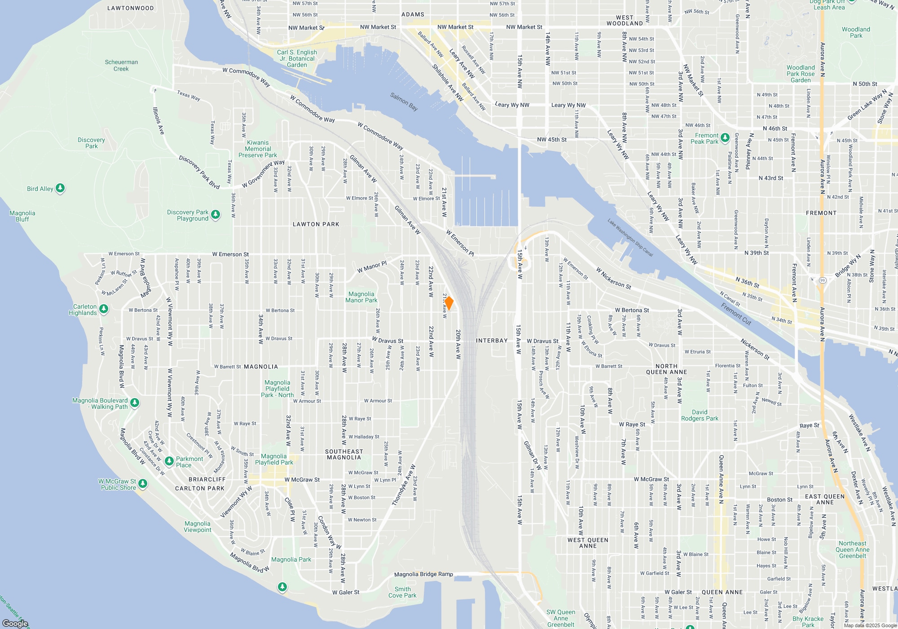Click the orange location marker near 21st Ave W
pos(449,303)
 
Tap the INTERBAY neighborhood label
pos(492,341)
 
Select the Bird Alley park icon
pos(60,188)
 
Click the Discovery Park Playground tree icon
pos(216,215)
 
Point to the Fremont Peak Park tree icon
pos(725,137)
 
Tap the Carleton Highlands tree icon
pos(104,309)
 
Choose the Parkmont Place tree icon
pos(169,461)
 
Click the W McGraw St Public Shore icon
pos(143,483)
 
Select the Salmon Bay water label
pos(404,102)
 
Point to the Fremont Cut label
pos(736,314)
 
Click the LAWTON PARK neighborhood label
pos(316,224)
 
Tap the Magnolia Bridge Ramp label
pos(423,574)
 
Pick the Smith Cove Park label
pos(402,592)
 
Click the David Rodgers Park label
pos(700,415)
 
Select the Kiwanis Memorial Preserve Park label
pos(258,149)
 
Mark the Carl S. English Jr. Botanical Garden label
pos(297,58)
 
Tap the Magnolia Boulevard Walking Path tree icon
pos(135,403)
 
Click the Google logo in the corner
pos(15,623)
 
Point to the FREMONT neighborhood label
pos(821,213)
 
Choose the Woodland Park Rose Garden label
pos(801,74)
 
